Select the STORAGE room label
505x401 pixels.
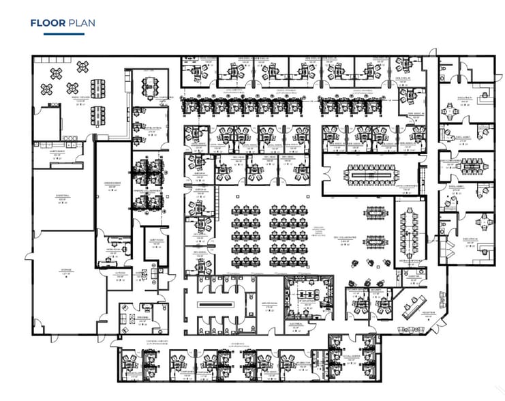[65, 270]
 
